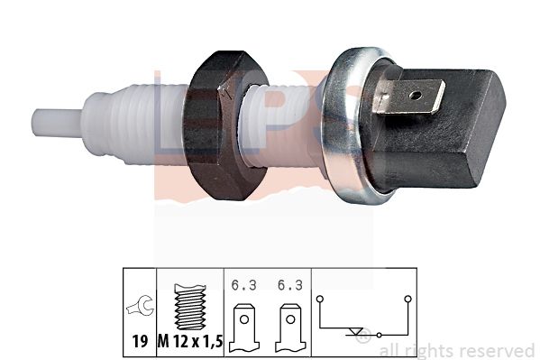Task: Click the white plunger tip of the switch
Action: [58, 123]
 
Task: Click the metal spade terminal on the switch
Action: [410, 96]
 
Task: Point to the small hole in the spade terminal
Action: [416, 95]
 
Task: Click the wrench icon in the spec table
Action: [140, 306]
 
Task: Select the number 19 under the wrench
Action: [140, 341]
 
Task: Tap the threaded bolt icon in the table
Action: [190, 306]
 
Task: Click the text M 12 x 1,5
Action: [190, 341]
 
